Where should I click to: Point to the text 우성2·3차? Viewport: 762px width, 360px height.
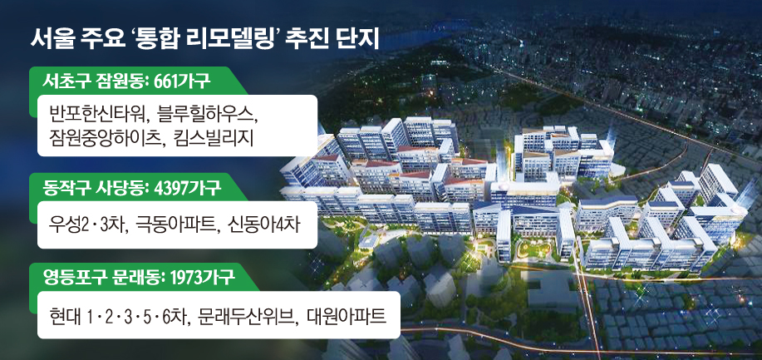[84, 225]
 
